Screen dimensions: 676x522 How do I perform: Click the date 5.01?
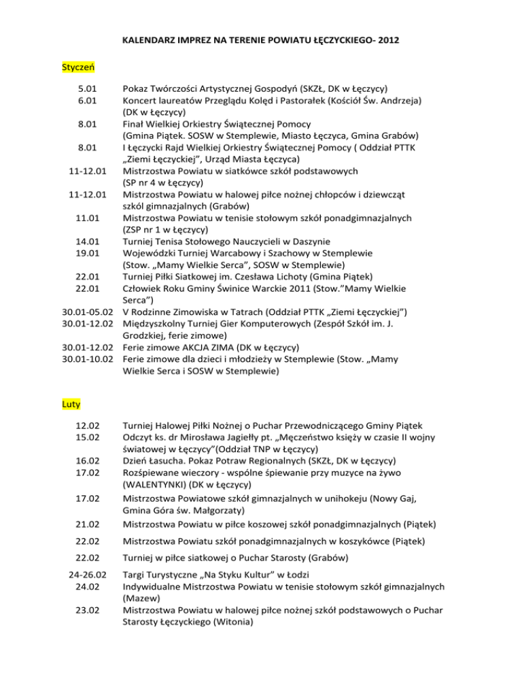point(87,88)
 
